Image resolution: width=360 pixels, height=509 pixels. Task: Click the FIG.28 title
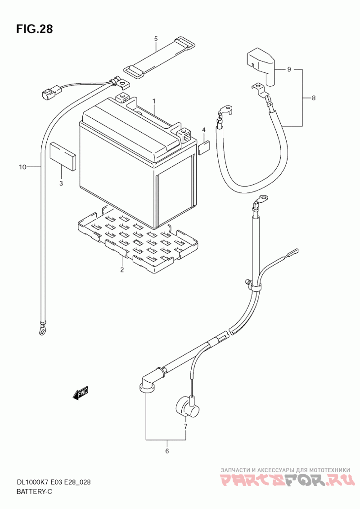click(x=35, y=29)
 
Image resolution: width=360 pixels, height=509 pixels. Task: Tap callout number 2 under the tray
click(x=121, y=270)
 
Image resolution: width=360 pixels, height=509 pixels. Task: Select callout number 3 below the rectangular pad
click(x=61, y=183)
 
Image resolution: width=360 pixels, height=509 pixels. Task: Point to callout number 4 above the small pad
click(x=203, y=130)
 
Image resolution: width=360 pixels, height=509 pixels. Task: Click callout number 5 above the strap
click(x=156, y=39)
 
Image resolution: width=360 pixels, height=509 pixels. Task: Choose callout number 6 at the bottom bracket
click(x=166, y=451)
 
